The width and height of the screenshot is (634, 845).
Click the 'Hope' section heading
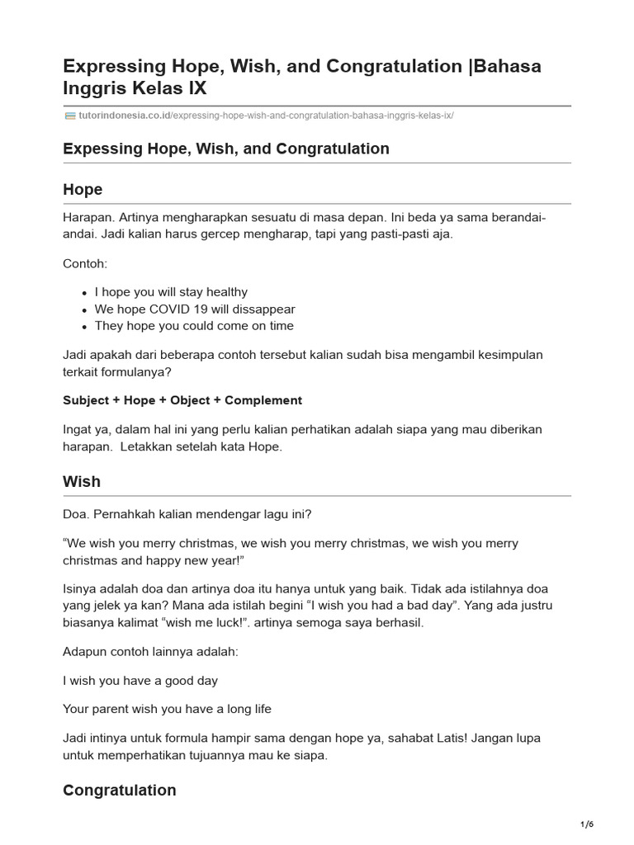(x=83, y=190)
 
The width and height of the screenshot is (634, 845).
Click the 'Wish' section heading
(x=82, y=482)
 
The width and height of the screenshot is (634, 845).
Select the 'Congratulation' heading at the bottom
(x=119, y=791)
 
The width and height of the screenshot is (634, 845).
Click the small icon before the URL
(x=69, y=116)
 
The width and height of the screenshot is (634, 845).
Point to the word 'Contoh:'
(x=85, y=263)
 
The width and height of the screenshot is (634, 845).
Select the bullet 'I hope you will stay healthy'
(x=171, y=292)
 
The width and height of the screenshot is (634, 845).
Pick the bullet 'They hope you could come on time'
(x=194, y=326)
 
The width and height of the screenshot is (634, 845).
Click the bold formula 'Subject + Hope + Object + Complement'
(x=182, y=400)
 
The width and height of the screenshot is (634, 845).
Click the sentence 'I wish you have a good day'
(x=140, y=681)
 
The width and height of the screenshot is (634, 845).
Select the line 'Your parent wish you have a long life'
(x=167, y=709)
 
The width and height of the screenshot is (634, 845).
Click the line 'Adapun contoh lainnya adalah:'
(x=150, y=652)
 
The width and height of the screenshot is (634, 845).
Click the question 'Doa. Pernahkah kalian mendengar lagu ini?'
(x=187, y=514)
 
